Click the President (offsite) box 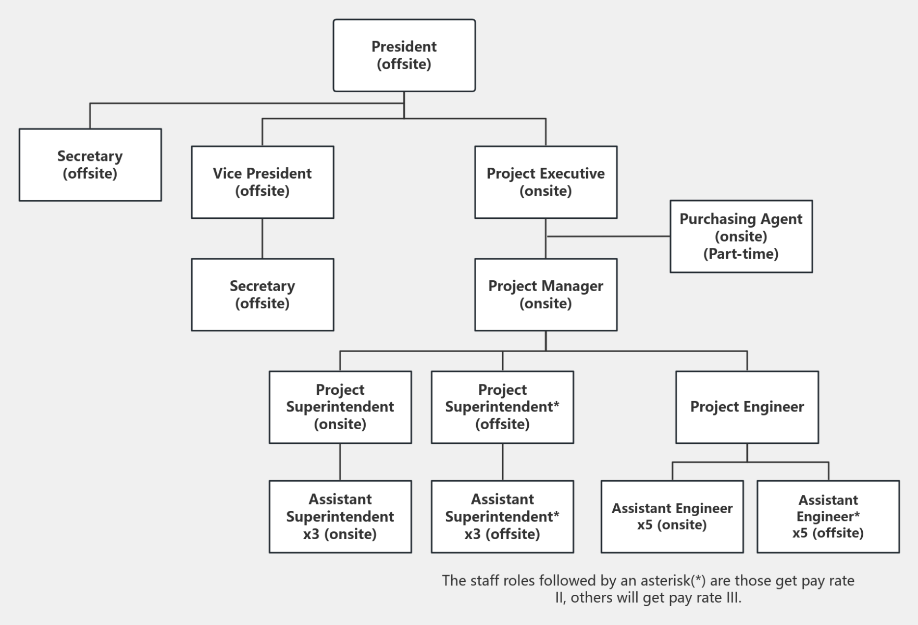tap(404, 55)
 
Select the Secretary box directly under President tap(90, 165)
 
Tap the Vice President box tap(262, 182)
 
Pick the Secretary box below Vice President tap(262, 294)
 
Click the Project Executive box tap(545, 182)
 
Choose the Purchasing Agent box tap(741, 236)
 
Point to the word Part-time tap(741, 254)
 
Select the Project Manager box tap(545, 294)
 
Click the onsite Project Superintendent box tap(340, 407)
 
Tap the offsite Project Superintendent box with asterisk tap(502, 407)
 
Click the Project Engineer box tap(747, 407)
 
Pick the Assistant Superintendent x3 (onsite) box tap(340, 516)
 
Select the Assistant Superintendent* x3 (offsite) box tap(502, 516)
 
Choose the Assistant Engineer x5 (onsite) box tap(672, 516)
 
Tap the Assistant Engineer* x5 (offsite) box tap(828, 516)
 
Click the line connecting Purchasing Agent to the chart tap(608, 236)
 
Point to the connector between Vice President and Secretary tap(262, 238)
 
